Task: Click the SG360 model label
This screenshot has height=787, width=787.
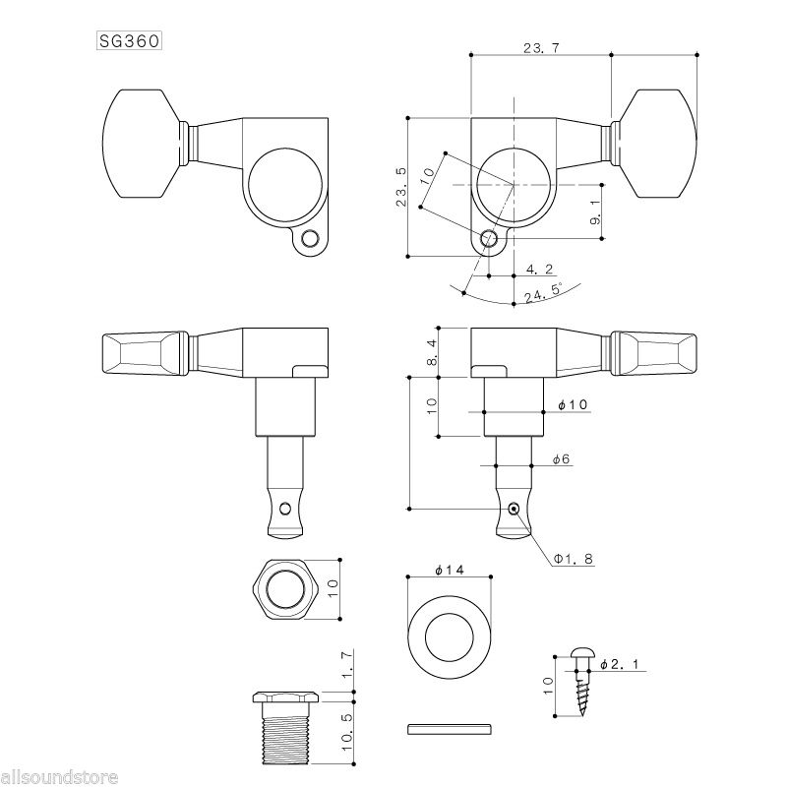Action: point(129,40)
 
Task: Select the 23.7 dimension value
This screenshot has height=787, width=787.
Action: point(541,48)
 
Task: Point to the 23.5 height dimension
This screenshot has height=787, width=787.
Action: point(401,187)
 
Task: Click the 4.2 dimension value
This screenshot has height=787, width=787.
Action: point(539,270)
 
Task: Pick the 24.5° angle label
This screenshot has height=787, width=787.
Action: point(543,293)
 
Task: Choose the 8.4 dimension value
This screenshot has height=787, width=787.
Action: point(432,352)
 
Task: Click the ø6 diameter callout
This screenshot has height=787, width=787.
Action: point(561,458)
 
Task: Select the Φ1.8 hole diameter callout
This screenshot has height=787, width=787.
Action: point(574,559)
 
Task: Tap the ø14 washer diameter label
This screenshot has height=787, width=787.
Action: point(450,570)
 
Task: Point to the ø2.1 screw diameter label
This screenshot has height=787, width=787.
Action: point(620,665)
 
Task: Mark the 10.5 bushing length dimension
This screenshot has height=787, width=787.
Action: point(347,732)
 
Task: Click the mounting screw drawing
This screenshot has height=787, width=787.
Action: point(582,682)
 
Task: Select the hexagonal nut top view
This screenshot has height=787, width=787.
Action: point(285,589)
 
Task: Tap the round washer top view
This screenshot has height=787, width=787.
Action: point(450,637)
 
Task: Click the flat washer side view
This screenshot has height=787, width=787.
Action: point(450,729)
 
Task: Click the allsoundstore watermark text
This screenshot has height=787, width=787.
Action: point(59,777)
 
